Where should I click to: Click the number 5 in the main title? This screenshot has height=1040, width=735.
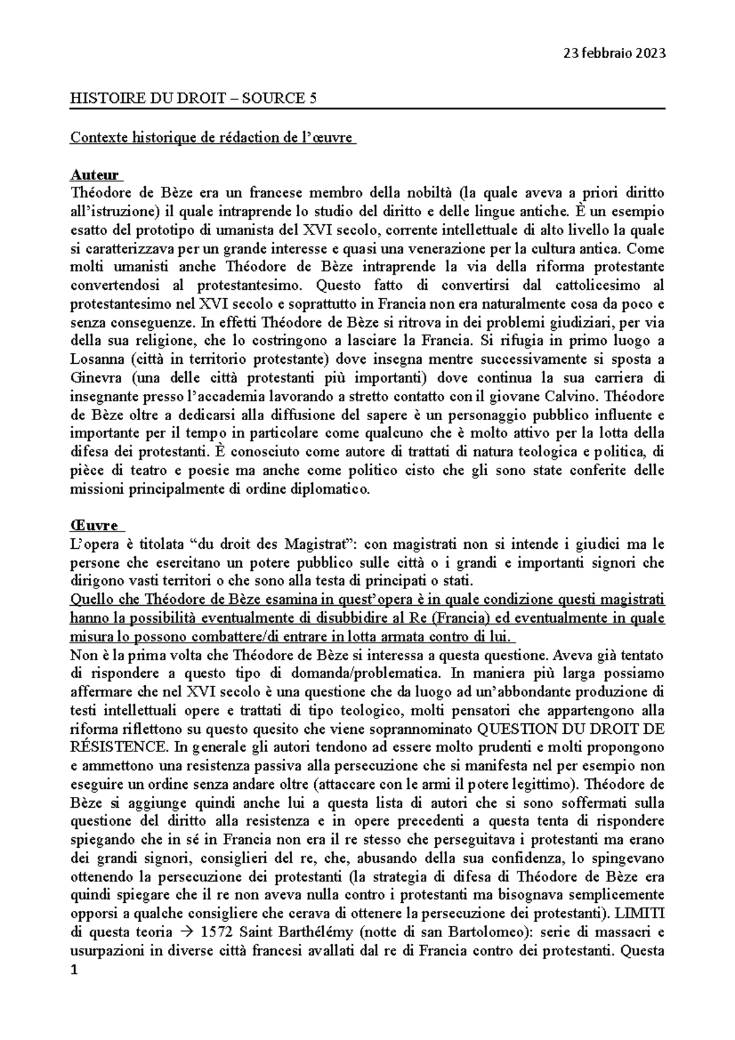click(x=313, y=98)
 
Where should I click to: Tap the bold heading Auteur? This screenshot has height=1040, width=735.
click(x=95, y=175)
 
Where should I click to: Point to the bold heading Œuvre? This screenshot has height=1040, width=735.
click(x=96, y=526)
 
